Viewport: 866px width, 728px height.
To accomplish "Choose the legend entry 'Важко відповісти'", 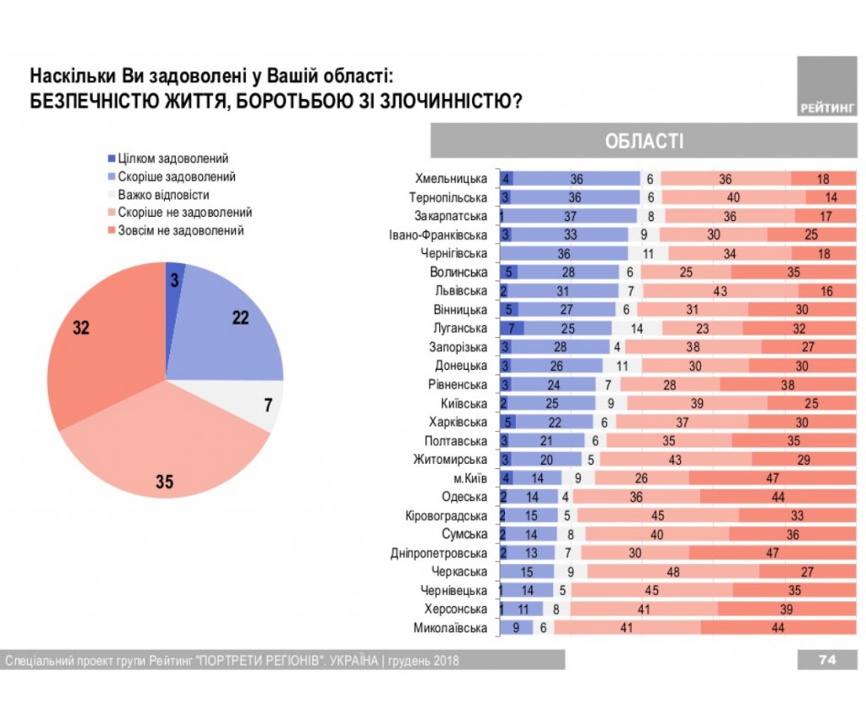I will (x=163, y=195).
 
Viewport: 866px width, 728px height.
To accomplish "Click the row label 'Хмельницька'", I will (x=452, y=179).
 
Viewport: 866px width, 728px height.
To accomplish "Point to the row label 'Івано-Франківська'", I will (x=438, y=235).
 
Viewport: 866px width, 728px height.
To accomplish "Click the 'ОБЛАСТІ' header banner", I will (x=644, y=141).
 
